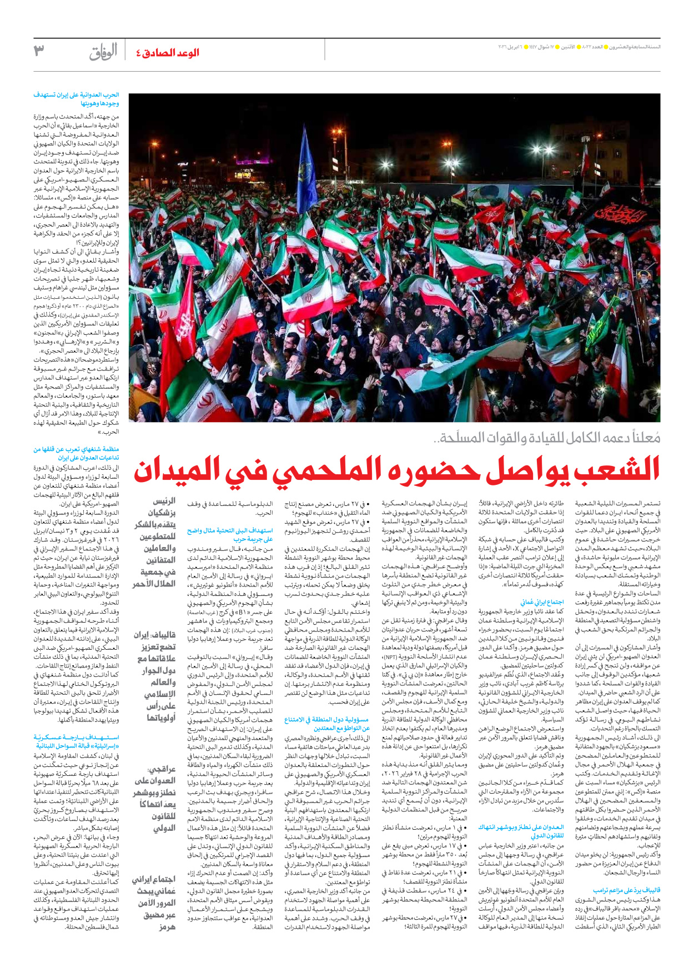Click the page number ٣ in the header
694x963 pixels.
coord(39,51)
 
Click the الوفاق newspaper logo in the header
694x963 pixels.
coord(104,52)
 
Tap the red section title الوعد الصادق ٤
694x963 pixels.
coord(168,53)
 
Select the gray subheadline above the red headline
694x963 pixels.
coord(547,438)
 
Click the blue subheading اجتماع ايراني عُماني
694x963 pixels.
coord(542,602)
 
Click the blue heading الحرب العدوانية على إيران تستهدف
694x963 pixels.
coord(77,99)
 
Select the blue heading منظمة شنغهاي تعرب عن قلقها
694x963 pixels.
coord(77,453)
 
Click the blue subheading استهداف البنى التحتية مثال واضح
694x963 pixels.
coord(230,535)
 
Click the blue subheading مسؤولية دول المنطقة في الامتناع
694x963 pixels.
coord(327,724)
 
